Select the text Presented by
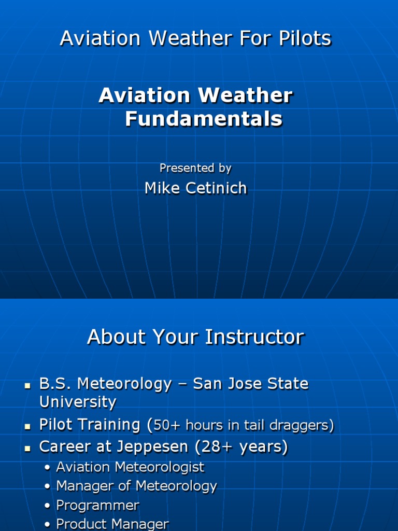[x=195, y=168]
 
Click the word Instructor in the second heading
[x=254, y=337]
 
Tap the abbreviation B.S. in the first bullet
[x=59, y=384]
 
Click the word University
[x=78, y=402]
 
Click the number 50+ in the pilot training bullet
[x=167, y=426]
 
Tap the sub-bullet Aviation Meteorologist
[x=130, y=467]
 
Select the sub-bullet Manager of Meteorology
[x=136, y=486]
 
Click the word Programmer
[x=98, y=505]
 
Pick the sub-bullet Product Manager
[x=112, y=524]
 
